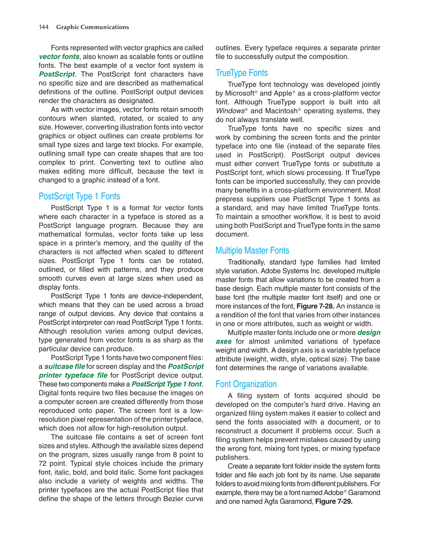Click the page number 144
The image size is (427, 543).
pos(43,27)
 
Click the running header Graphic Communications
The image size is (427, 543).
pos(93,27)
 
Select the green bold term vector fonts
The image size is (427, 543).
pos(59,57)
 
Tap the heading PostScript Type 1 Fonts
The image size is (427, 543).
pos(79,196)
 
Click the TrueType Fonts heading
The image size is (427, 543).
pos(241,73)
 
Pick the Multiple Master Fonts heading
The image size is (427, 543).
pos(252,251)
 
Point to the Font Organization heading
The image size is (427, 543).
pos(246,384)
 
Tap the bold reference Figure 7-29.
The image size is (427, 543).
pos(334,501)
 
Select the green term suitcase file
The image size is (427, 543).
pos(65,366)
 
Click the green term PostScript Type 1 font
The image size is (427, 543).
pos(166,384)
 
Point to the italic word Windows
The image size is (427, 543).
pos(230,111)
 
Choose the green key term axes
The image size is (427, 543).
pos(224,342)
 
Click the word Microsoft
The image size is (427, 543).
pos(240,93)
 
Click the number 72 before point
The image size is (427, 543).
pos(43,464)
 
